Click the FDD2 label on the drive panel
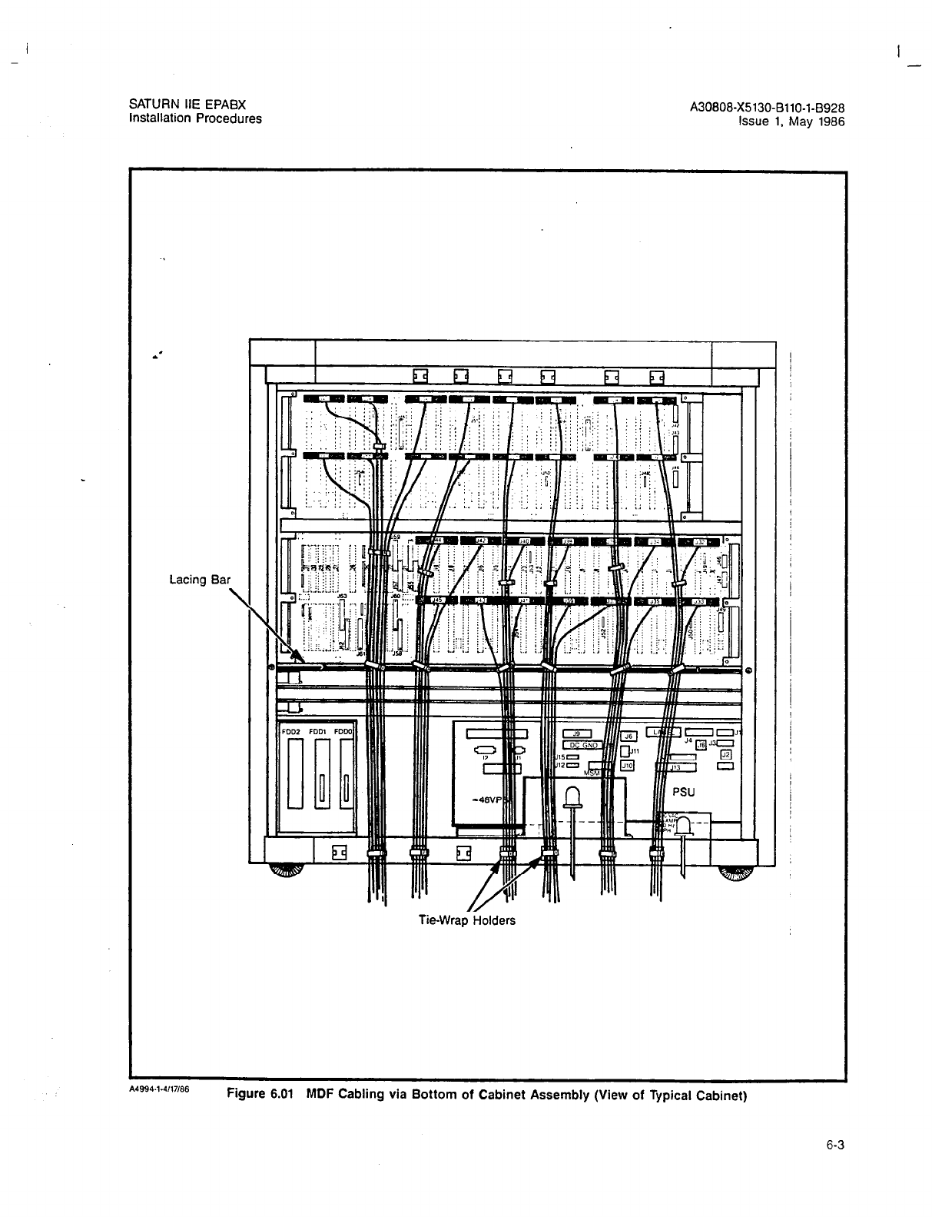click(290, 732)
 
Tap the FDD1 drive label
click(318, 732)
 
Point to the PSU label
click(683, 791)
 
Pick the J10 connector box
click(627, 766)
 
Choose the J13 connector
click(676, 767)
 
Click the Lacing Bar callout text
click(199, 579)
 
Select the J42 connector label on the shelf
click(481, 541)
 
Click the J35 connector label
click(655, 602)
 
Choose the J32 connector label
click(699, 542)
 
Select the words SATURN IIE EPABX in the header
click(187, 105)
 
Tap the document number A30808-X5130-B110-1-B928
click(768, 108)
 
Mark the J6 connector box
click(627, 736)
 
